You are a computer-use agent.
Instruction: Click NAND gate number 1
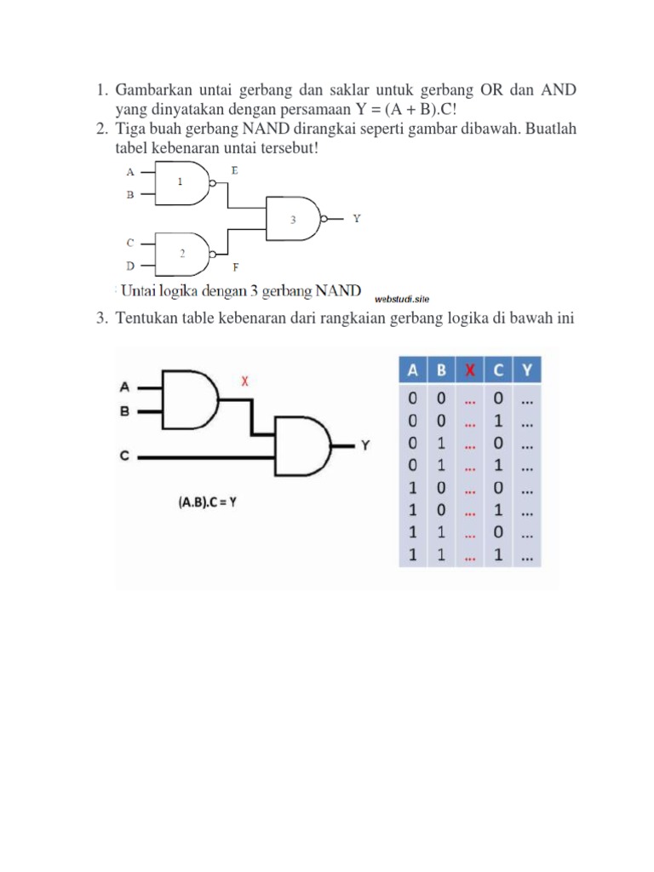(x=183, y=183)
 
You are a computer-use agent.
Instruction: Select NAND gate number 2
(x=183, y=253)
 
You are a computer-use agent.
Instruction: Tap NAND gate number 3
(x=292, y=219)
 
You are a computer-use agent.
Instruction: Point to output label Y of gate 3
(x=357, y=219)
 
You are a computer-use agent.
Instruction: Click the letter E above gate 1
(x=234, y=170)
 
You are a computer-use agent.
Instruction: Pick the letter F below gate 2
(x=234, y=267)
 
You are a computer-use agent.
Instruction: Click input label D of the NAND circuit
(x=130, y=265)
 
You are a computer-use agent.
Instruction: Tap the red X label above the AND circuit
(x=245, y=381)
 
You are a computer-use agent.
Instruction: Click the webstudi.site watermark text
(x=402, y=299)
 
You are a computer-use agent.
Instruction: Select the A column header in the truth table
(x=413, y=370)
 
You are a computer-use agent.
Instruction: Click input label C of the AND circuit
(x=124, y=457)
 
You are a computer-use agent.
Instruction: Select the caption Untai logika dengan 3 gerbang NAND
(x=241, y=290)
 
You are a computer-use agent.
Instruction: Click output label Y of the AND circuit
(x=365, y=445)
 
